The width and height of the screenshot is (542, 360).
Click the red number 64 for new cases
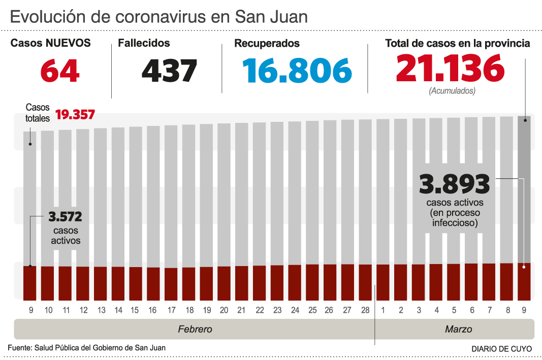(60, 71)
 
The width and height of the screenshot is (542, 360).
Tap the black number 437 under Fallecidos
(169, 71)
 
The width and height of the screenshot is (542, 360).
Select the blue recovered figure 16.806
(297, 71)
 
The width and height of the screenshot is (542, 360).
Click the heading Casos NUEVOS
(51, 43)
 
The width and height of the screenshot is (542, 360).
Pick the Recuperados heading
(267, 44)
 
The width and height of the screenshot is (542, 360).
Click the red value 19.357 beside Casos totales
(75, 114)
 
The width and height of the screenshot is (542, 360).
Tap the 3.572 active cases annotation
(65, 217)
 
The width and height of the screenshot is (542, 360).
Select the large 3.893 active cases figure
(454, 184)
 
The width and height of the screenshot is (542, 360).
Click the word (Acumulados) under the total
(452, 91)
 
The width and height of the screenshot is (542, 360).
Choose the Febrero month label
(195, 329)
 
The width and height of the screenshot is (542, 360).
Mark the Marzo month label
(458, 329)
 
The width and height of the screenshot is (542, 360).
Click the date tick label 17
(171, 310)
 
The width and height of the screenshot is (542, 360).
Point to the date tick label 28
(365, 310)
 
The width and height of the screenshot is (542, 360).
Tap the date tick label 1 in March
(383, 310)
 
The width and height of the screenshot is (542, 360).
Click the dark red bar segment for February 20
(224, 283)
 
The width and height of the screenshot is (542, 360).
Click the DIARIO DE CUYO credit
(501, 349)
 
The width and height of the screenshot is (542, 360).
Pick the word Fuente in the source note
(19, 348)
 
